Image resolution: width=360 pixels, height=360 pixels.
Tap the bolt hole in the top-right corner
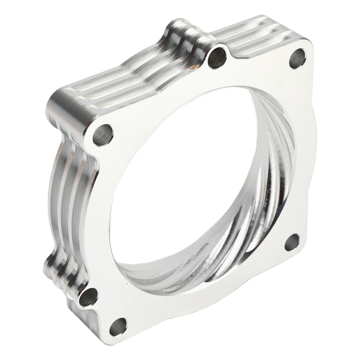297,58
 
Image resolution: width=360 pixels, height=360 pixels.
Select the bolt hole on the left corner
103,134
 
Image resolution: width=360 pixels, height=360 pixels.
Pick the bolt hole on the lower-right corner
293,243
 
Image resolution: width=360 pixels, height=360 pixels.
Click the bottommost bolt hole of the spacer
118,326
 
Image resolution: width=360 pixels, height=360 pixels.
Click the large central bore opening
189,180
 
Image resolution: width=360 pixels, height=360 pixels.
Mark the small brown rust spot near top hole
194,68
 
